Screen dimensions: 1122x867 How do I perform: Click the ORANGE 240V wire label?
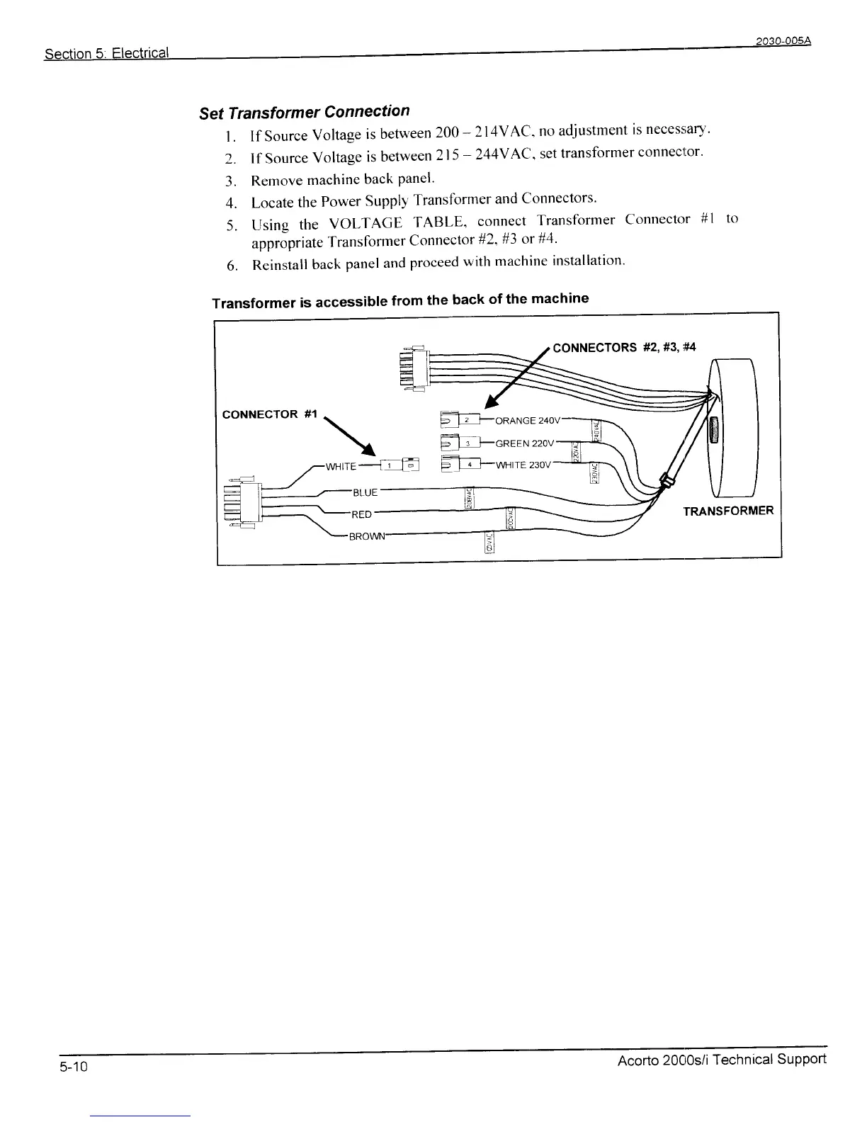pos(528,421)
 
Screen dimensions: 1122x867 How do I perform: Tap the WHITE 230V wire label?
pos(523,465)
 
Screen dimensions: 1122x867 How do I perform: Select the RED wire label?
pos(362,514)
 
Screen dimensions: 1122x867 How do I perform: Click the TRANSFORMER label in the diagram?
pos(728,511)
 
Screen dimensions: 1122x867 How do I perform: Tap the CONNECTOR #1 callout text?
pos(270,414)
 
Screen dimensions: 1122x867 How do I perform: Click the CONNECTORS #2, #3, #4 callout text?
pos(624,347)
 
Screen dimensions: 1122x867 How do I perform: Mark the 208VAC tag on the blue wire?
pos(468,498)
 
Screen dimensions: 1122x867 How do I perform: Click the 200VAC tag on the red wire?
pos(511,519)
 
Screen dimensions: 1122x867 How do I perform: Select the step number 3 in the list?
pos(229,180)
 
